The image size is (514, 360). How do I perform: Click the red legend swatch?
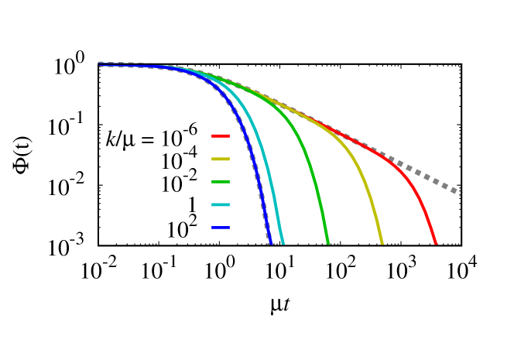(221, 135)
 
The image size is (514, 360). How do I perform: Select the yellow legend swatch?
(221, 159)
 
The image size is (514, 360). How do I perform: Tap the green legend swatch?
(221, 182)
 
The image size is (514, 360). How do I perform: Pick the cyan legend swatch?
(221, 205)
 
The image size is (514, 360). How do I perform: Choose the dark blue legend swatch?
(221, 228)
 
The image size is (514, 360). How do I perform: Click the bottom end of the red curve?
(436, 243)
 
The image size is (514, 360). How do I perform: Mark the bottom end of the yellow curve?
(382, 243)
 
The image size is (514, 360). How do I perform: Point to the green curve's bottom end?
(328, 243)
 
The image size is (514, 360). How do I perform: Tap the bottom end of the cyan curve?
(283, 243)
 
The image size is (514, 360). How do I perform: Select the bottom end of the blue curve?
(271, 243)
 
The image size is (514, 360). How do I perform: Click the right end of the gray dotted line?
(461, 194)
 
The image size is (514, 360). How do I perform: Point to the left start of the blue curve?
(100, 66)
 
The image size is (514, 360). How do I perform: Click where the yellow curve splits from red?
(325, 126)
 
